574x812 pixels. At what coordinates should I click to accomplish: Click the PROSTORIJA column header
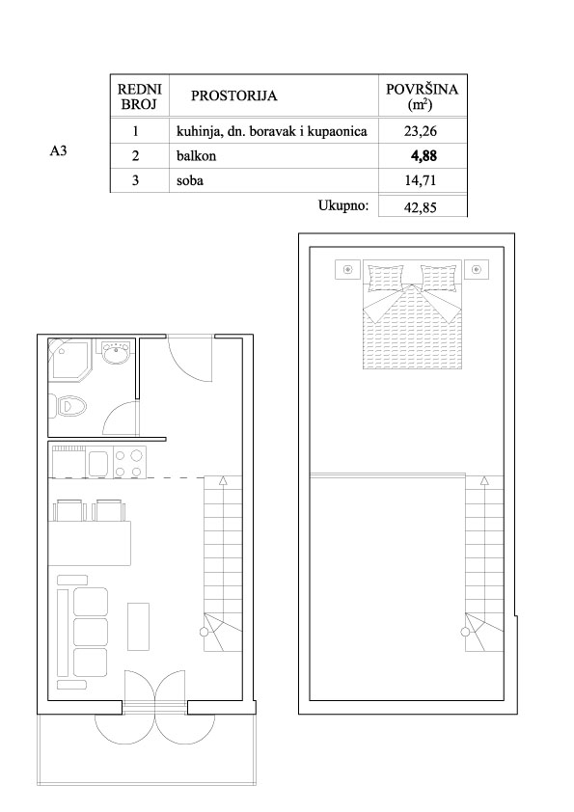233,95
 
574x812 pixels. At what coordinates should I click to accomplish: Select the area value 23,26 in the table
421,131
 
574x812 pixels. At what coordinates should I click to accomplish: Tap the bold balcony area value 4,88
424,156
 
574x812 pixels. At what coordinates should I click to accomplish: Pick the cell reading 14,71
421,180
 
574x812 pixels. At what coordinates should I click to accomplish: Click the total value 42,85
421,207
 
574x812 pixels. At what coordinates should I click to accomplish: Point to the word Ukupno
343,205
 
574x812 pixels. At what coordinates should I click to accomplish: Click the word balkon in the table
196,156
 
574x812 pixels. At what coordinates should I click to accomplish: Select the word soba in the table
190,180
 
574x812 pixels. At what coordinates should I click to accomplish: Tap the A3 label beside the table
58,151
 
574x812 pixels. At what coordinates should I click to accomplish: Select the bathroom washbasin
115,352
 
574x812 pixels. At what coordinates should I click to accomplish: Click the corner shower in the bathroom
69,360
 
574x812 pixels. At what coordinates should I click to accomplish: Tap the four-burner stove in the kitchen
129,463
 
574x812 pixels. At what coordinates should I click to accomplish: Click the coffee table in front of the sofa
138,626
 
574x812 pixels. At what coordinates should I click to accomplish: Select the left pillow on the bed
385,279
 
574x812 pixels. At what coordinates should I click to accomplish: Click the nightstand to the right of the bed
477,270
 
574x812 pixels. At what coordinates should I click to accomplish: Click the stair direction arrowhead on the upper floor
484,480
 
